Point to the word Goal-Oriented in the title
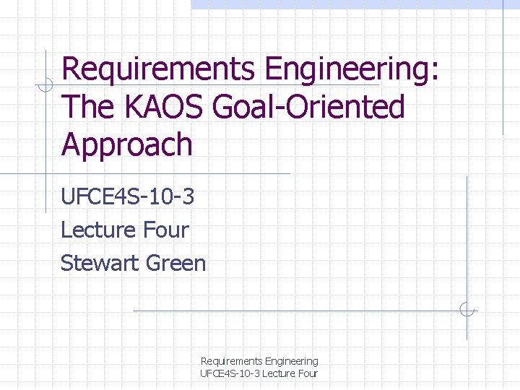tap(309, 107)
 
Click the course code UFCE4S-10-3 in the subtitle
tap(129, 196)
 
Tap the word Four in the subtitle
tap(166, 230)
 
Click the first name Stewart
tap(100, 263)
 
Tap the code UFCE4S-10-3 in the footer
tap(229, 373)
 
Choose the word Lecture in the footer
tap(277, 373)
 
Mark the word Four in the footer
tap(307, 373)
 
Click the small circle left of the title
tap(45, 85)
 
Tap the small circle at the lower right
tap(467, 310)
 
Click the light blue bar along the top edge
tap(354, 4)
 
